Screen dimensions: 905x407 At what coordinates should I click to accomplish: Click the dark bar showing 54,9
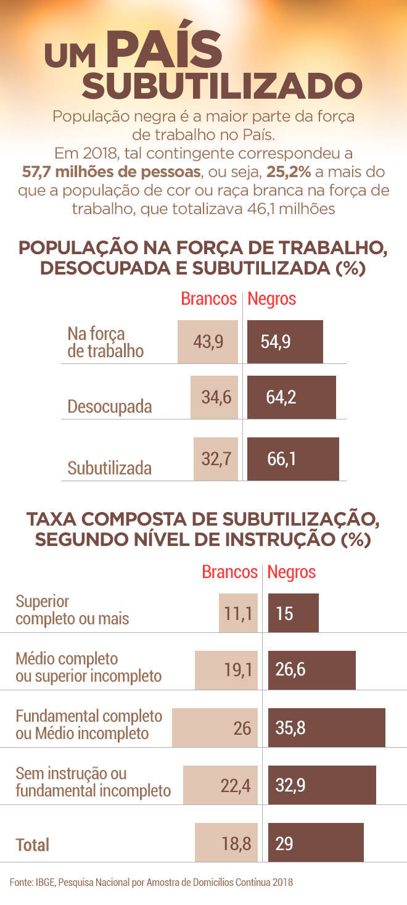coord(285,342)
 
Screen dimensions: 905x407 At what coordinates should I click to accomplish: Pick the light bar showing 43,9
coord(208,342)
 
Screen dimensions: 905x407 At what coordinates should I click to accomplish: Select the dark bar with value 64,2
coord(292,397)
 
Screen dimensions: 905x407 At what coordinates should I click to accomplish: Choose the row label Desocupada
coord(110,407)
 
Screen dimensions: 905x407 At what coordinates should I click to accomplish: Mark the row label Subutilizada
coord(110,468)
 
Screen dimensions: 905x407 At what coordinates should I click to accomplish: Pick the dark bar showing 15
coord(294,613)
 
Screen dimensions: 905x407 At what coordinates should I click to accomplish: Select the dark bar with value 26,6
coord(312,670)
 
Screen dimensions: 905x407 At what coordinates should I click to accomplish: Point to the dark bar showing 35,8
coord(327,728)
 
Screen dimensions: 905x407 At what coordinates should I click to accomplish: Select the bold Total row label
coord(32,845)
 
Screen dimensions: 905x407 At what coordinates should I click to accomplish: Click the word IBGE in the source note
coord(44,882)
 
